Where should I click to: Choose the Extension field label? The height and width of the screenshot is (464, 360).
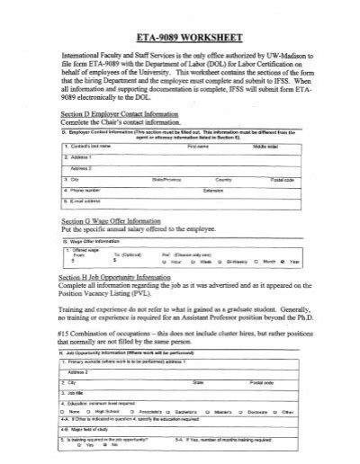click(x=213, y=190)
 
